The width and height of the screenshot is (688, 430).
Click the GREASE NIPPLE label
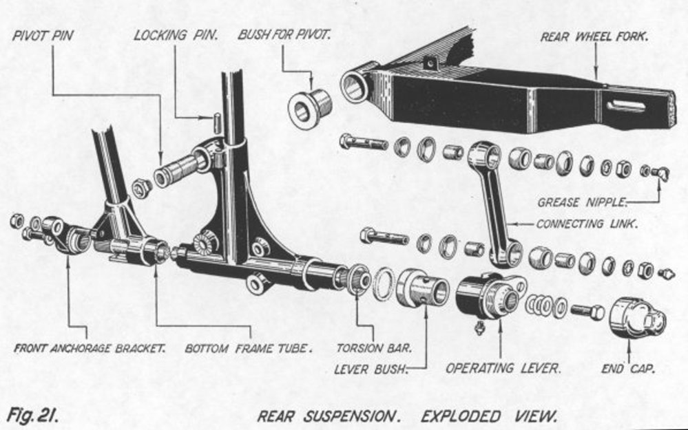pyautogui.click(x=583, y=202)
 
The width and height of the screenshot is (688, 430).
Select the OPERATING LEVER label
pyautogui.click(x=503, y=368)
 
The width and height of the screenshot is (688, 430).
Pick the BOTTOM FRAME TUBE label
pyautogui.click(x=249, y=348)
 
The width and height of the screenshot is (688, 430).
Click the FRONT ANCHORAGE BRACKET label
pyautogui.click(x=90, y=348)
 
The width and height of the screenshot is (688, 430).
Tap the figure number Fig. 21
pyautogui.click(x=32, y=415)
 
